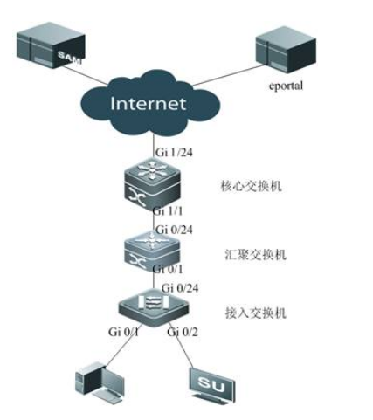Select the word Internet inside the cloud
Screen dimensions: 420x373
click(x=149, y=104)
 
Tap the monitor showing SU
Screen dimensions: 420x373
click(x=209, y=382)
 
